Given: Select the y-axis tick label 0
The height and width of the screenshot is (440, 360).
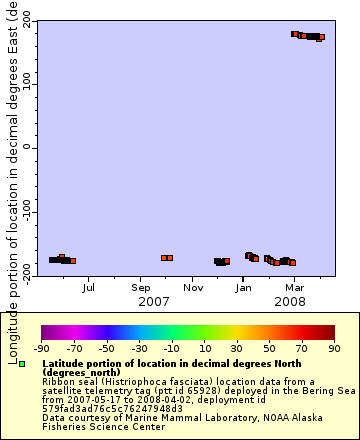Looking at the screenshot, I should pyautogui.click(x=27, y=147).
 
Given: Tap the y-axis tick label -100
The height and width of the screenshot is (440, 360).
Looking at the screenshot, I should pyautogui.click(x=21, y=213).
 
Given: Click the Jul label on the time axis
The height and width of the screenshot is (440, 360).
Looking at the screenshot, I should pyautogui.click(x=89, y=288).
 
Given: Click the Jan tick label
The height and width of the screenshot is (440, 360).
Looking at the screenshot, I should pyautogui.click(x=244, y=288).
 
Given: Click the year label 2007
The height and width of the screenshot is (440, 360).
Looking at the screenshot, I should pyautogui.click(x=153, y=301).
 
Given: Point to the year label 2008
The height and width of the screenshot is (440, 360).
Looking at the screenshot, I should pyautogui.click(x=290, y=301).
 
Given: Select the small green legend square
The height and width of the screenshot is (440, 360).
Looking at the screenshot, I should pyautogui.click(x=21, y=365).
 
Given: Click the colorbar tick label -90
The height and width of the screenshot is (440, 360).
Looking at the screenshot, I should pyautogui.click(x=41, y=348).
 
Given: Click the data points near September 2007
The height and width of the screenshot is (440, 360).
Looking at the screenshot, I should pyautogui.click(x=167, y=258).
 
